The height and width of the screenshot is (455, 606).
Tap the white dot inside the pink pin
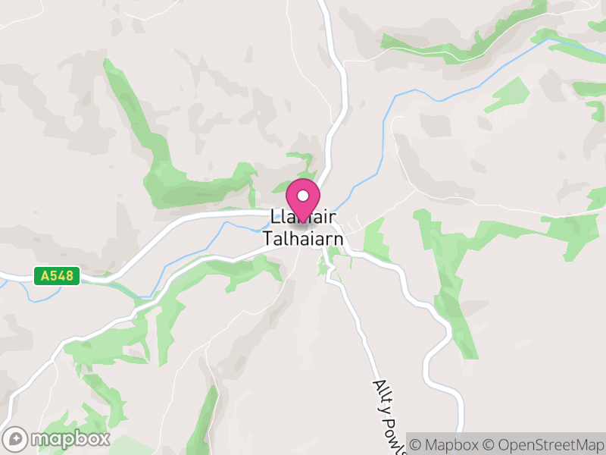pyautogui.click(x=303, y=196)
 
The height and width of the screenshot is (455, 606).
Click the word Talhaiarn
pyautogui.click(x=303, y=239)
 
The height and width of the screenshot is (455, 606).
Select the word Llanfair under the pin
pyautogui.click(x=303, y=218)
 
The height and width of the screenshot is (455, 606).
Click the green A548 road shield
pyautogui.click(x=57, y=276)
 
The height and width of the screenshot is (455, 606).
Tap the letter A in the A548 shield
pyautogui.click(x=45, y=276)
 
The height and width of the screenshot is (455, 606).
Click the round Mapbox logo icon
pyautogui.click(x=16, y=438)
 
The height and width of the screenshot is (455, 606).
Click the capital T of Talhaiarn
pyautogui.click(x=267, y=239)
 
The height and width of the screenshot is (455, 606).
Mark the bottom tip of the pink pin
pyautogui.click(x=303, y=221)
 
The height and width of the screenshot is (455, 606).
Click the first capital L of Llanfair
pyautogui.click(x=273, y=218)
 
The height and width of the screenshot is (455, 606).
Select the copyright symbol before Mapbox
pyautogui.click(x=417, y=444)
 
